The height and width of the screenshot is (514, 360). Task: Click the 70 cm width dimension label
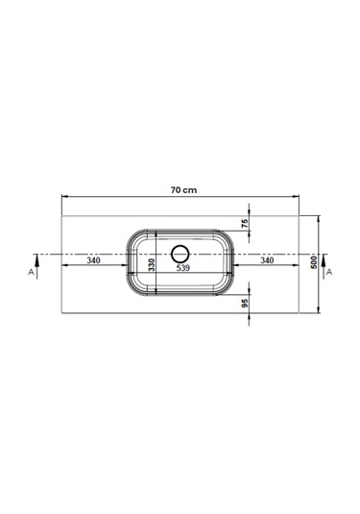183,190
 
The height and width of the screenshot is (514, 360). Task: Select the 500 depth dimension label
314,262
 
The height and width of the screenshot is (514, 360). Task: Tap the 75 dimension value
245,224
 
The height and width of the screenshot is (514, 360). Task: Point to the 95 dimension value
245,304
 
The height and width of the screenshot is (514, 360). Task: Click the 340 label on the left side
93,260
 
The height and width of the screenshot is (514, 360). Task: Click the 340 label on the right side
267,260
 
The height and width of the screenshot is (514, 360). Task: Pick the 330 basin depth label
152,265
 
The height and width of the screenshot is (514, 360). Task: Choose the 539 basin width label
182,268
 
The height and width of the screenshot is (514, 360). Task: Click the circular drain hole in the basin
180,254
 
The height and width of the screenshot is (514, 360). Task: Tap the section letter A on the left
31,272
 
